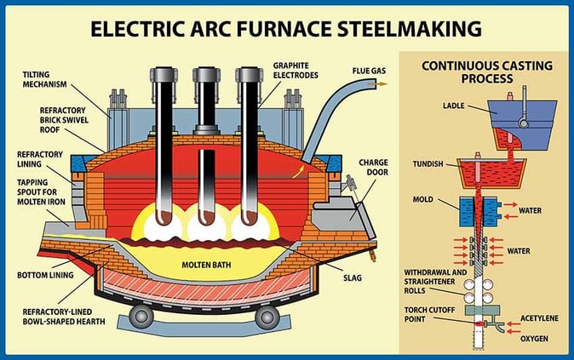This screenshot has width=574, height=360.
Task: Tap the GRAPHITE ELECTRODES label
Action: coord(298,69)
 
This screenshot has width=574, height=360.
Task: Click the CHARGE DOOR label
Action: coord(373,166)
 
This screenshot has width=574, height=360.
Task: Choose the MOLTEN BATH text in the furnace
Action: coord(207,265)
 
